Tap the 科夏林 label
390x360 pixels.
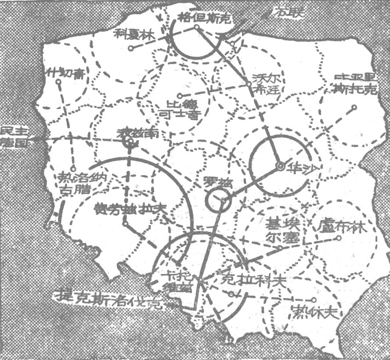point(131,34)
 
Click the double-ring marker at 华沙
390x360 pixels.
point(279,166)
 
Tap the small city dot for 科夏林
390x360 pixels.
point(130,47)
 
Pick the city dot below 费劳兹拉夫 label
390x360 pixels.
point(126,224)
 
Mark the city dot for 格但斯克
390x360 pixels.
point(197,27)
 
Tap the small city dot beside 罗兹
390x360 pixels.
point(224,201)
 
